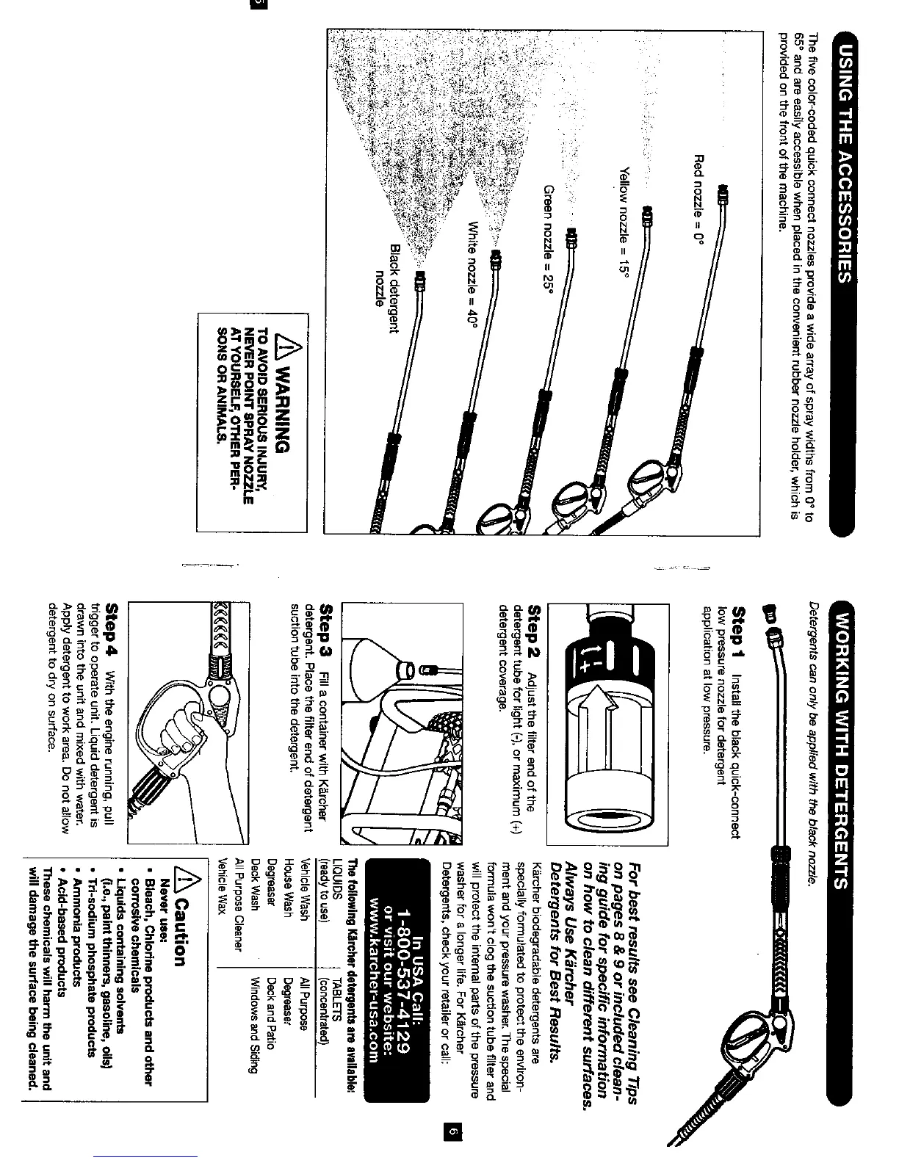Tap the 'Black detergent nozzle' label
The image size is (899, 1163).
coord(387,287)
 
